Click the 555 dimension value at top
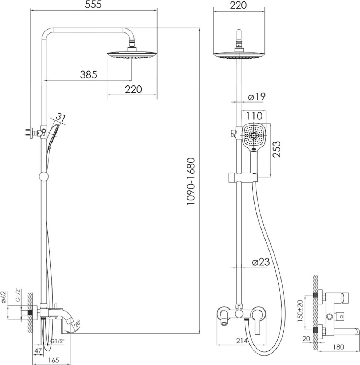[x=93, y=5]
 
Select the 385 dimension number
[x=88, y=75]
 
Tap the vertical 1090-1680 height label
[x=191, y=181]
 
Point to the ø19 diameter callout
[x=256, y=97]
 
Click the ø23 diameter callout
[x=261, y=262]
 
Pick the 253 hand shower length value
[x=276, y=149]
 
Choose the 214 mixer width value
[x=242, y=341]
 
